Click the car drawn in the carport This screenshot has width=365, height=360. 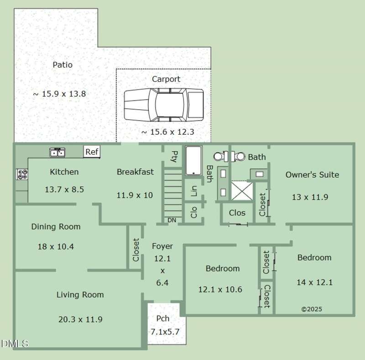pos(164,105)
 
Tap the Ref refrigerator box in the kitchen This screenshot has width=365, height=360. pos(92,152)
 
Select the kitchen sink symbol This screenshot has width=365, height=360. pos(57,152)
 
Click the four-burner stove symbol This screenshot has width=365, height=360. pos(22,175)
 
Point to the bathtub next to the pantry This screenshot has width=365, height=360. pos(193,161)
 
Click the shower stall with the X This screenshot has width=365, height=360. pos(242,191)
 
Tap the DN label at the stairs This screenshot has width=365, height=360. pos(172,220)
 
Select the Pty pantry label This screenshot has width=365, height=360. pos(174,156)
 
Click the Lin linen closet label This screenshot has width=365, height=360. pos(193,191)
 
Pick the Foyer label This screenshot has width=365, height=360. pos(162,246)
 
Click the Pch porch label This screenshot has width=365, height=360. pos(163,318)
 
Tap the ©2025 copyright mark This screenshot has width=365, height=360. pos(312,309)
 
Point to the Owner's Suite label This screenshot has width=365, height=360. pos(312,175)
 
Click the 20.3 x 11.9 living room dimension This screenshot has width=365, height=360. pos(80,319)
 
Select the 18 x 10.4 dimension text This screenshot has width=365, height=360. pos(56,246)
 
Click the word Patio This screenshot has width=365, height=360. pos(63,64)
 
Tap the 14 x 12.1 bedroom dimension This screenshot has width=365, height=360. pos(314,282)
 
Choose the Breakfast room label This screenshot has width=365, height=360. pos(135,172)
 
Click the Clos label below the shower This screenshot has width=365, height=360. pos(237,212)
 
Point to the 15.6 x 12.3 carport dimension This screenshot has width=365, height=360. pos(167,132)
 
